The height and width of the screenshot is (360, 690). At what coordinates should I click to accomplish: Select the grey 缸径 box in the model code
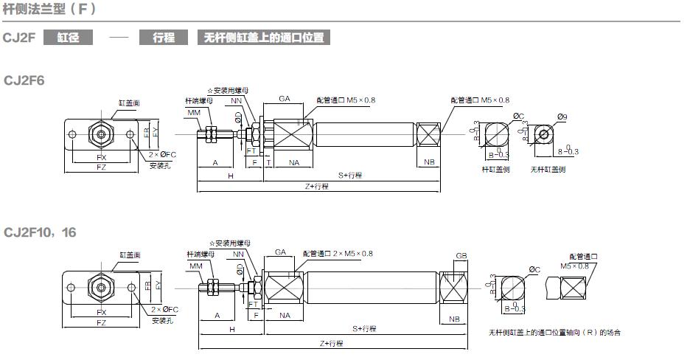click(69, 37)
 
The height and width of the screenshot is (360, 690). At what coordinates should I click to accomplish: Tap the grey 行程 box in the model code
click(164, 37)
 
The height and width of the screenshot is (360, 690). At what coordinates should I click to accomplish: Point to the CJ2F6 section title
click(25, 79)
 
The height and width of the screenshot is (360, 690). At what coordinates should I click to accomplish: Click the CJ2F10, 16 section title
click(40, 232)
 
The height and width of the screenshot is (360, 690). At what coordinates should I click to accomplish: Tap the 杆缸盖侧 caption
click(496, 169)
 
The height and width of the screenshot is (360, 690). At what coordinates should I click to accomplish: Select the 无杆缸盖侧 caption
click(548, 169)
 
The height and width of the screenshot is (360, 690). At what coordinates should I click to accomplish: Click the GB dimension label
click(461, 256)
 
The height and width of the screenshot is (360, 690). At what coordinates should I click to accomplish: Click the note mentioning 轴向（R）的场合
click(554, 333)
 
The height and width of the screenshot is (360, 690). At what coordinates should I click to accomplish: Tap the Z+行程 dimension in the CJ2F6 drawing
click(316, 187)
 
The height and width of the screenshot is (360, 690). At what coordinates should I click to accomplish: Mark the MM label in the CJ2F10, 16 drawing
click(195, 266)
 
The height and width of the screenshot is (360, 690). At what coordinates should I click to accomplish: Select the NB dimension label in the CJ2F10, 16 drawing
click(454, 319)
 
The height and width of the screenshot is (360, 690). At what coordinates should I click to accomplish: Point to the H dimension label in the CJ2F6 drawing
click(230, 176)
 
